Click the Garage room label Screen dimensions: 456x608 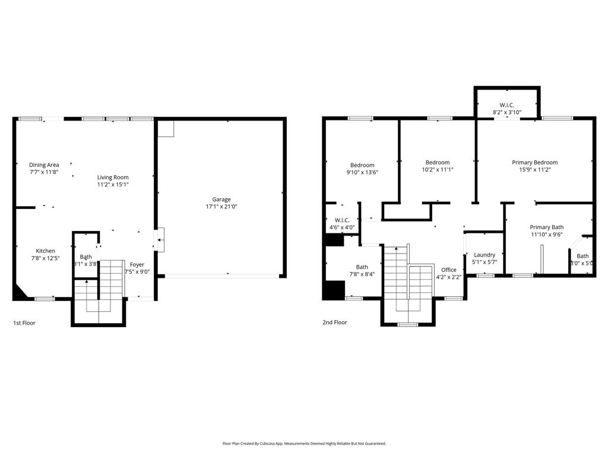coord(221,199)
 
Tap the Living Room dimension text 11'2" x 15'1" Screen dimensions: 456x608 coord(113,185)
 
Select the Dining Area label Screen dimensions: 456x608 coord(44,165)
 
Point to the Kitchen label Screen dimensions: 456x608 coord(45,251)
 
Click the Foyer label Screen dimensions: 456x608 coord(137,265)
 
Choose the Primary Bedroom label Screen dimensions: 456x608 coord(534,162)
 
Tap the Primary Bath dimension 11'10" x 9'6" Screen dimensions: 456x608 coord(546,235)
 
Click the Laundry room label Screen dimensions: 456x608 coord(484,255)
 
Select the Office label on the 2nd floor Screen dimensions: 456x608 coord(448,270)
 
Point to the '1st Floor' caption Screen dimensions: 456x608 coord(24,322)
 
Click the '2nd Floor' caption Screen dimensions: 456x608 coord(334,322)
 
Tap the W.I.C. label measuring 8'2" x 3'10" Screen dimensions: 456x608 coord(506,105)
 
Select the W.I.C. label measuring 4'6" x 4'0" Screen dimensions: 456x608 coord(342,220)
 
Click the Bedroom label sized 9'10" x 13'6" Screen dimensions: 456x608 coord(362,165)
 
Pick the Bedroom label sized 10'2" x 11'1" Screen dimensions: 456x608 coord(438,162)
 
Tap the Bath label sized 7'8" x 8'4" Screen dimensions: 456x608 coord(362,267)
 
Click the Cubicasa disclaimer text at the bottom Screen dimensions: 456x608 coord(304,444)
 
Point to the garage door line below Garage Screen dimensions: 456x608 coord(221,275)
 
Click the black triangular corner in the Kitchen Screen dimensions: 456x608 coord(20,292)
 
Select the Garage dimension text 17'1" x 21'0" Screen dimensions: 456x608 coord(221,207)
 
